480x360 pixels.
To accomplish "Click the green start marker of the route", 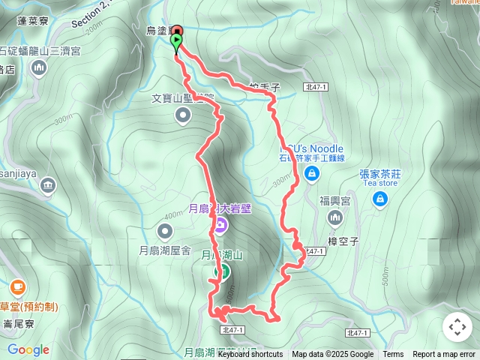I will pyautogui.click(x=176, y=41).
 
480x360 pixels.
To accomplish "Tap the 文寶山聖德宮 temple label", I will pyautogui.click(x=183, y=97).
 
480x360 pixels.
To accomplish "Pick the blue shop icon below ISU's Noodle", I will pyautogui.click(x=312, y=175).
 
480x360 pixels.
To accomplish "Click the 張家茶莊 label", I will pyautogui.click(x=380, y=173).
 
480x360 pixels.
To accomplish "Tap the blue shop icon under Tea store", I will pyautogui.click(x=380, y=198).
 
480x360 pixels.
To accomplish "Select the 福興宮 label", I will pyautogui.click(x=335, y=200).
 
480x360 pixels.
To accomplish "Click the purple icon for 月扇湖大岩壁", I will pyautogui.click(x=220, y=224).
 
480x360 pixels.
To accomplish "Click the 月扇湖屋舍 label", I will pyautogui.click(x=166, y=251).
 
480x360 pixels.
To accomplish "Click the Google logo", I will pyautogui.click(x=28, y=349).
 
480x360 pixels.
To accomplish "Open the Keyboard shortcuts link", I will pyautogui.click(x=250, y=355).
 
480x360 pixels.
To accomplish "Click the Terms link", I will pyautogui.click(x=393, y=355).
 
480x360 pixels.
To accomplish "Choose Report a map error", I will pyautogui.click(x=444, y=355).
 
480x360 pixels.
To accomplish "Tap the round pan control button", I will pyautogui.click(x=457, y=327).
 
